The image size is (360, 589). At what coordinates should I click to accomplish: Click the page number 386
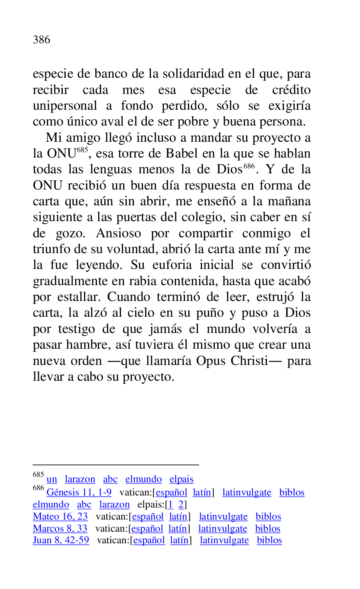[42, 40]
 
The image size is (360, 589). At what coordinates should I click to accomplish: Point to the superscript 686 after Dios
[249, 166]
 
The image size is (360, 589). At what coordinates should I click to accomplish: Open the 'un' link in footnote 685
[52, 479]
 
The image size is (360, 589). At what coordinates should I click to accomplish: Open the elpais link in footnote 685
[181, 479]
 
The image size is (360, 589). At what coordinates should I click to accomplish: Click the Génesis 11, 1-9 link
[79, 493]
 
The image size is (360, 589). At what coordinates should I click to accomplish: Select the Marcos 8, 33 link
[60, 529]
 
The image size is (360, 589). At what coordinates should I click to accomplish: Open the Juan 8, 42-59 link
[61, 540]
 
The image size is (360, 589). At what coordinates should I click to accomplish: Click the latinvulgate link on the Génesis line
[247, 493]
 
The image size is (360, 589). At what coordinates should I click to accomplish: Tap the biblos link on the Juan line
[269, 540]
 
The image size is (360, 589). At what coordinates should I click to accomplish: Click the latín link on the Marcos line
[178, 529]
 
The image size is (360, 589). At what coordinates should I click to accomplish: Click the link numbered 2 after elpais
[181, 505]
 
